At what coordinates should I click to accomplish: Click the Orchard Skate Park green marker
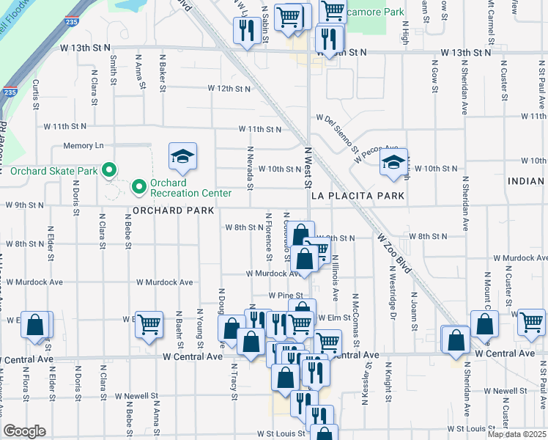tap(109, 171)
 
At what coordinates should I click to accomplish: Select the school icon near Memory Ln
tap(182, 156)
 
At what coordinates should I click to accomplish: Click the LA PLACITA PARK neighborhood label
tap(358, 197)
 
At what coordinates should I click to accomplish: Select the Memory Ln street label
tap(84, 146)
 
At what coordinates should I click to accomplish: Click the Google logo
tap(25, 430)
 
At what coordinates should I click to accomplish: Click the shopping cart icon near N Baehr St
tap(149, 323)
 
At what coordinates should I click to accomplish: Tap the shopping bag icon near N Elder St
tap(35, 323)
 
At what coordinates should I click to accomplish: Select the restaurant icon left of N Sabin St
tap(245, 29)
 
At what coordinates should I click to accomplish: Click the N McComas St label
tap(356, 323)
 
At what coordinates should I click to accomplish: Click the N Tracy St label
tap(234, 381)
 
